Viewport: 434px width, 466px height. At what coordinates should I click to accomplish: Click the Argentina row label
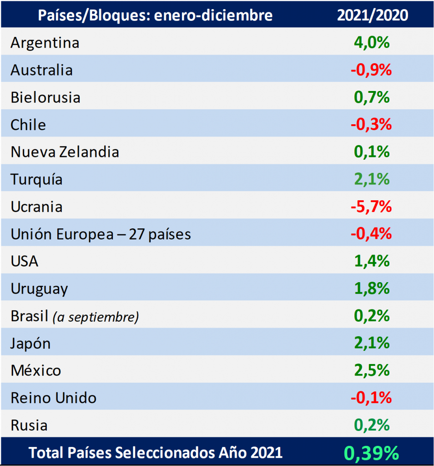point(45,43)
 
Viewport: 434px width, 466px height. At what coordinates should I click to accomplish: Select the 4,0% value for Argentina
point(372,43)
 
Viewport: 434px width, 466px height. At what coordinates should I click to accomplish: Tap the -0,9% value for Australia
point(371,70)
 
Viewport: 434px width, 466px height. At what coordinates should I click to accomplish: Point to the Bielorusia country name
point(45,97)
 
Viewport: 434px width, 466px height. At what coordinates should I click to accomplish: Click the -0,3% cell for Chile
point(371,125)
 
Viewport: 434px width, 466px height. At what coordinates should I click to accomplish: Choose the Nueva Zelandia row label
point(65,152)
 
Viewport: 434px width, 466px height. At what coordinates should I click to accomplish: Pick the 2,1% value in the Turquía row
point(372,179)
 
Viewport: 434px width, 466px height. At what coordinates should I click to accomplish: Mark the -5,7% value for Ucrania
point(371,207)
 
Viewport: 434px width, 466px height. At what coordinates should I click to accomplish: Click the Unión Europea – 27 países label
point(101,234)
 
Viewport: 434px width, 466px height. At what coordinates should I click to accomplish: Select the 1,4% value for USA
point(372,261)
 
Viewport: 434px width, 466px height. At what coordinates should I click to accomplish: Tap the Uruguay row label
point(39,289)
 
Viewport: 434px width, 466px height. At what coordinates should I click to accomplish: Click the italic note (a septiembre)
point(96,317)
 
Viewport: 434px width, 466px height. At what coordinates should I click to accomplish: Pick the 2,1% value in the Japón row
point(372,343)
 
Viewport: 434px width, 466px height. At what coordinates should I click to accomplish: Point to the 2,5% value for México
point(372,370)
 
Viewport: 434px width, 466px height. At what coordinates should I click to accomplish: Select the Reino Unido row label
point(53,398)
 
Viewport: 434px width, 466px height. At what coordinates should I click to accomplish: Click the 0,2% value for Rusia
point(372,425)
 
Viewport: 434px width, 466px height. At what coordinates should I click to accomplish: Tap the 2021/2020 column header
point(372,15)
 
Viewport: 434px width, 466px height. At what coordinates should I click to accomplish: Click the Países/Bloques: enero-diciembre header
point(155,15)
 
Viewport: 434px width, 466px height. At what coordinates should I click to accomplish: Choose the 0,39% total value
point(372,453)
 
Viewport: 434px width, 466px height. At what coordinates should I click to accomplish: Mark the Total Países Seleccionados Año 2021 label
point(156,453)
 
